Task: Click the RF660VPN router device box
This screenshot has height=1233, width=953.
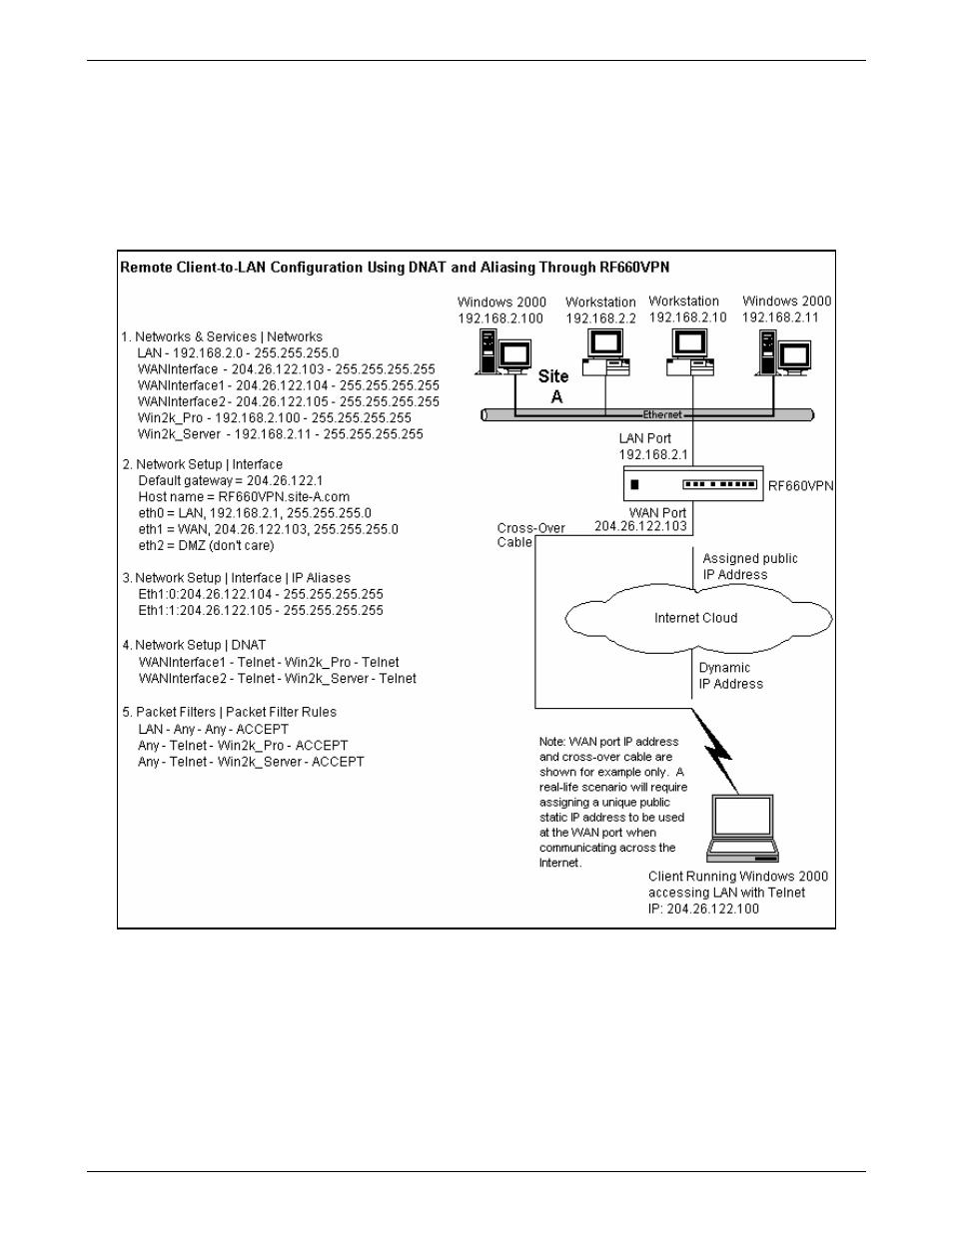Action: pos(693,483)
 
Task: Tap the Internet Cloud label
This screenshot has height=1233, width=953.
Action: pos(696,618)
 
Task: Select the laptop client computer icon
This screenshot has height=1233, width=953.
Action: pos(742,828)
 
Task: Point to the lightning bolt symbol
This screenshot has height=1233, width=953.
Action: pos(715,751)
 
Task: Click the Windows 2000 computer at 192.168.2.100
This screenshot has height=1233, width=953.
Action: pos(502,352)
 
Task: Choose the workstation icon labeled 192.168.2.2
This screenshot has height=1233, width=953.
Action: pos(605,352)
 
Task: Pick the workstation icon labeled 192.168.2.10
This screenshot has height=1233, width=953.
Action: pos(690,352)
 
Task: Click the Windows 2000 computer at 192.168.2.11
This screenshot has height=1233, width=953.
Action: pos(783,353)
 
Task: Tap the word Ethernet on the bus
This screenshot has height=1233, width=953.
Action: pos(662,414)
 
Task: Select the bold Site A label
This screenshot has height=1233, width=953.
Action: pos(554,386)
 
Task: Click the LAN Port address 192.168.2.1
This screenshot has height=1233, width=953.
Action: pos(652,455)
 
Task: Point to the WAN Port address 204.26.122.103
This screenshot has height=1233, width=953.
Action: pos(640,526)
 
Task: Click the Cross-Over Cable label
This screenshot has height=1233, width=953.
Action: pos(530,535)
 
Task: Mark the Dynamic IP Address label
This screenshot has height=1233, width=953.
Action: pos(730,676)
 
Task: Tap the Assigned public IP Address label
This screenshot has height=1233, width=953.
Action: pos(750,566)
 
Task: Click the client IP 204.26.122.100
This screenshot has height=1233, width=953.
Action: pos(703,909)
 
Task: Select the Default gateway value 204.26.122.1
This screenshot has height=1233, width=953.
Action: pos(285,480)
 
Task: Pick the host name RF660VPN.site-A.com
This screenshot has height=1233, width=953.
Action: pos(284,497)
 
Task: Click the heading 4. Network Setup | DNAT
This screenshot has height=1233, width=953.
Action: pos(194,645)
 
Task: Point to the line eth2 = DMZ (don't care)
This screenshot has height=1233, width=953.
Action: pos(206,546)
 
